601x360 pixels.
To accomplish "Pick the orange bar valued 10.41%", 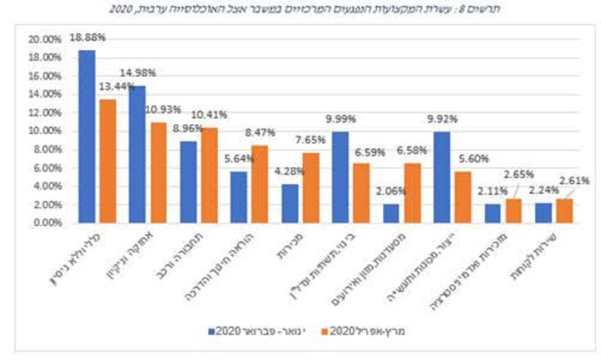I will click(209, 175).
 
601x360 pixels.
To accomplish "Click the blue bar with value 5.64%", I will click(239, 197).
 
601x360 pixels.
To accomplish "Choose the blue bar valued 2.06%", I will click(391, 214).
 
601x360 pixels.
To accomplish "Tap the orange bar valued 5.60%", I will click(462, 197).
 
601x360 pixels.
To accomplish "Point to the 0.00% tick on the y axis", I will click(43, 223).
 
